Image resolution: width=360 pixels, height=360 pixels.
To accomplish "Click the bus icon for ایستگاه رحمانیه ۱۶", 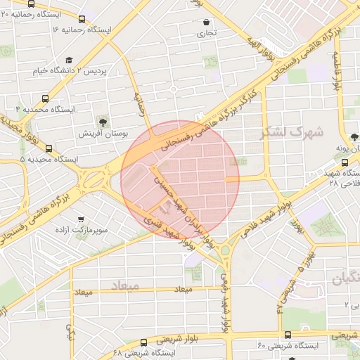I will coord(82,20).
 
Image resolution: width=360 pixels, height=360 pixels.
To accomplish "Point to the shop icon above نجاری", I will coord(205,22).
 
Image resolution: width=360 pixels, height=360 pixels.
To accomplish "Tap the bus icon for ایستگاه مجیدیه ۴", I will coord(46,99).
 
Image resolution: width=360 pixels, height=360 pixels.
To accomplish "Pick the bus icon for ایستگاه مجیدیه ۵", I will coord(49,148).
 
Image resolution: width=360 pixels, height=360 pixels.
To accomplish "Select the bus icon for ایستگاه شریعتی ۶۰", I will coord(288,335).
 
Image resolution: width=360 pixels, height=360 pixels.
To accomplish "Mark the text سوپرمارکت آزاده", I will coord(103,230).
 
